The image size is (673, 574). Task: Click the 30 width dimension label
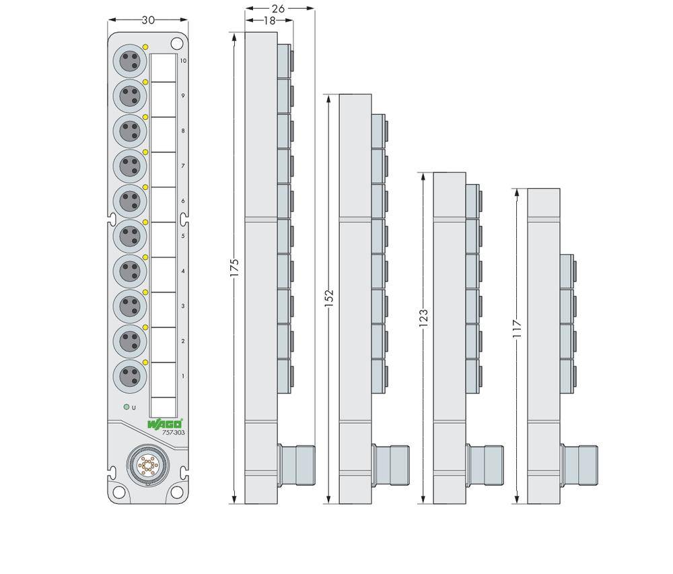(x=147, y=20)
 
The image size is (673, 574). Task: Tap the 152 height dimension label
(x=329, y=298)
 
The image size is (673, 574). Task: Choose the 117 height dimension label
(x=517, y=328)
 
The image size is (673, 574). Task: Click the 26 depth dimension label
(x=279, y=9)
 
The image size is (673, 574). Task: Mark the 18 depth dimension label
(x=269, y=21)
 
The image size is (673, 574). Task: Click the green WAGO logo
(x=164, y=424)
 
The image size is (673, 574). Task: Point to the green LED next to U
(x=126, y=407)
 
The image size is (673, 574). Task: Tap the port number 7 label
(x=183, y=166)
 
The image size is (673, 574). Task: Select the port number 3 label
(x=183, y=306)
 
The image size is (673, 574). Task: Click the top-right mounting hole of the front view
(x=176, y=44)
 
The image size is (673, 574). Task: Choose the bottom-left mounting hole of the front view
(x=118, y=492)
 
